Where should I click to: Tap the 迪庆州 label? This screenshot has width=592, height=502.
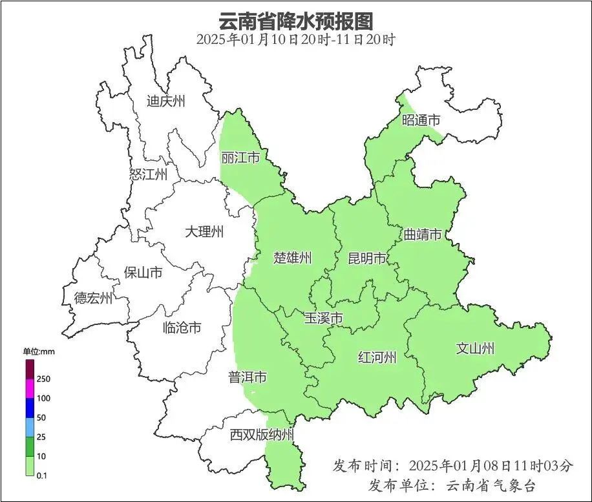[165, 101]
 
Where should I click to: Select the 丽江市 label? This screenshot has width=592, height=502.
[240, 158]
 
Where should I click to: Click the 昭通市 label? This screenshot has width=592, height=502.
[421, 120]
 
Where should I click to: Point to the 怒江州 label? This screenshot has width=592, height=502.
[148, 174]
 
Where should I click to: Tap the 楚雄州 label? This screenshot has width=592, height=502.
[292, 258]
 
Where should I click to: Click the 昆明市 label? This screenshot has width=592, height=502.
[367, 258]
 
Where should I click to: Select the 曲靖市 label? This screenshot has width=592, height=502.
[422, 234]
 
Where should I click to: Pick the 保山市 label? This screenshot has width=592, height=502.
[143, 273]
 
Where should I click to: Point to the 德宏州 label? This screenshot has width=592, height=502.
[93, 298]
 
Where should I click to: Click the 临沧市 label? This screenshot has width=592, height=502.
[182, 328]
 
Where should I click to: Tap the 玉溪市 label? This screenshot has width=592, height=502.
[323, 318]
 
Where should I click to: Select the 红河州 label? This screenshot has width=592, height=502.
[377, 357]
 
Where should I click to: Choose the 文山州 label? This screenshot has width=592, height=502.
[475, 349]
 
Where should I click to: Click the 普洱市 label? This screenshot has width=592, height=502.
[247, 377]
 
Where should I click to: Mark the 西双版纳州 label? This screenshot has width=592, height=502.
[262, 435]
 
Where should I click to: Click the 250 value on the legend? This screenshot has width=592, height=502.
[44, 379]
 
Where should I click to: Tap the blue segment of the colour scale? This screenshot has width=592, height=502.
[30, 408]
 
